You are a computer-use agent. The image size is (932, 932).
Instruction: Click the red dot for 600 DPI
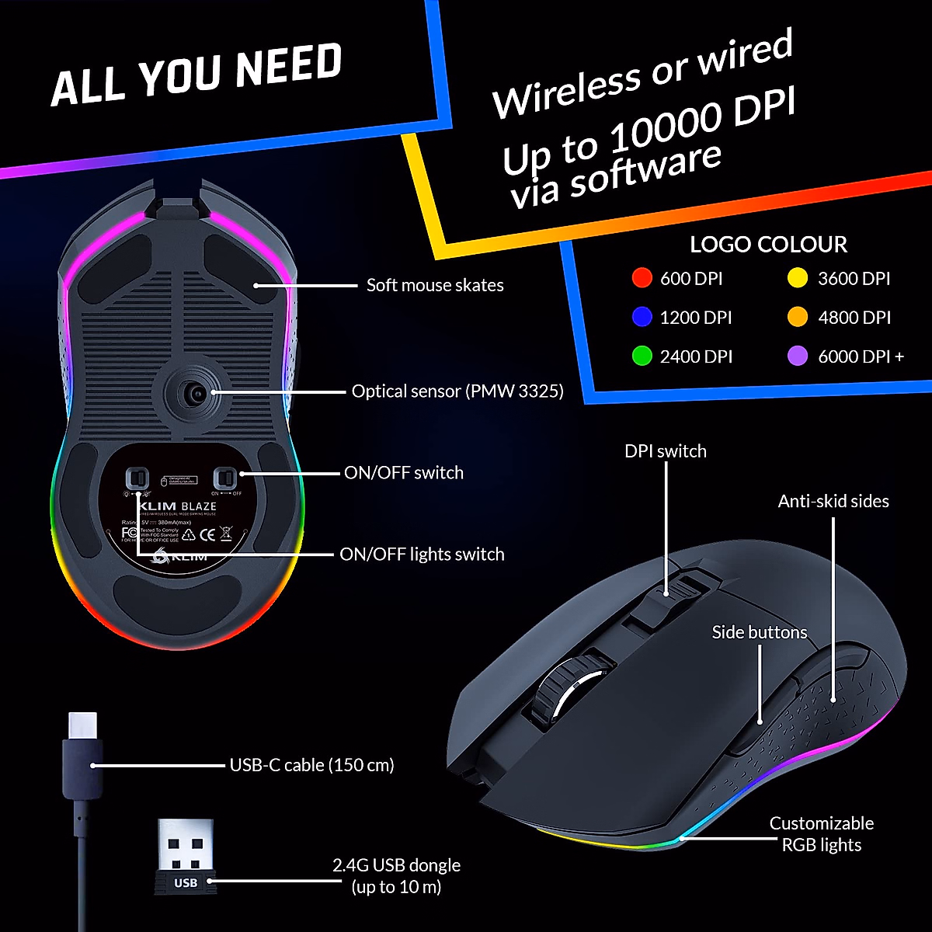click(x=642, y=278)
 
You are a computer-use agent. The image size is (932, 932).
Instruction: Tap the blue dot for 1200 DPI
click(x=642, y=317)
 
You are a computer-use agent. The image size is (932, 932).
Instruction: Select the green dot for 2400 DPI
click(x=642, y=356)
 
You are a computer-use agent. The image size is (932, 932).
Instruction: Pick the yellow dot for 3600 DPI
click(x=798, y=278)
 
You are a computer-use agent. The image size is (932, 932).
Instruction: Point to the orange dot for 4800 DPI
click(x=798, y=317)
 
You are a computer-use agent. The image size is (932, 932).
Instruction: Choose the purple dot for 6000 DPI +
click(x=798, y=356)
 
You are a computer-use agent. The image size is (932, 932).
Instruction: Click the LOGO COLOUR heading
click(x=768, y=245)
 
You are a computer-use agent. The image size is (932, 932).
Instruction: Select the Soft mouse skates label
click(x=435, y=285)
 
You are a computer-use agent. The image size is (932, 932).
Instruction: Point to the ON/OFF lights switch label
click(x=422, y=554)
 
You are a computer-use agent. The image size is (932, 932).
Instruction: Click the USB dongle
click(x=186, y=854)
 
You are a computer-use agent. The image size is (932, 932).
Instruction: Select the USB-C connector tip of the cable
click(x=82, y=726)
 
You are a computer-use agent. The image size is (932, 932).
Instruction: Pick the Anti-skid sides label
click(x=833, y=501)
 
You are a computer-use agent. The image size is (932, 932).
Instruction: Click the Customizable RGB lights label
click(x=821, y=834)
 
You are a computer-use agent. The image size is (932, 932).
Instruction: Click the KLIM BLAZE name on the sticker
click(x=178, y=506)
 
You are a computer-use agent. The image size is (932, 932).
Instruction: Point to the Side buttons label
click(x=759, y=632)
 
